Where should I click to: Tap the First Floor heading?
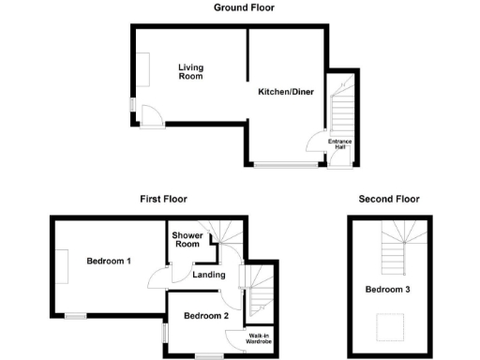click(164, 199)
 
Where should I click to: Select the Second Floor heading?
click(389, 199)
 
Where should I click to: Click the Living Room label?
click(191, 72)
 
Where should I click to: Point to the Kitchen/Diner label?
click(285, 92)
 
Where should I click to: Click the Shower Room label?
click(187, 240)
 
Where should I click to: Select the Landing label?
click(207, 275)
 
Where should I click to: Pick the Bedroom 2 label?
click(206, 316)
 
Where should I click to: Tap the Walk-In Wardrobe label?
click(260, 338)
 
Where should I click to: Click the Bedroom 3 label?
click(388, 290)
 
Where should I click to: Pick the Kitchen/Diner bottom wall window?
click(285, 165)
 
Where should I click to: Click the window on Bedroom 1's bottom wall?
click(75, 315)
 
